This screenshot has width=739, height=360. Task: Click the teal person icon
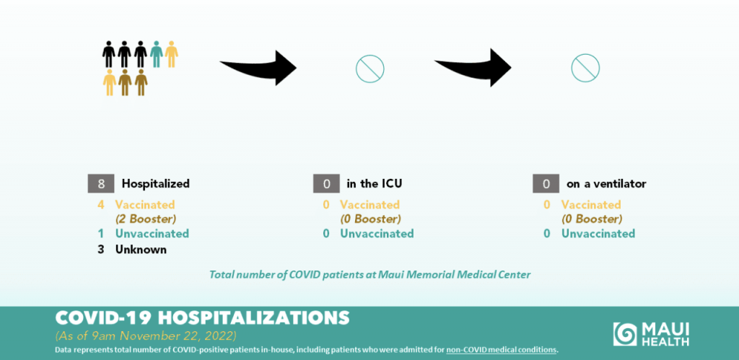tap(157, 53)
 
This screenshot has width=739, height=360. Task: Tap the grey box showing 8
tap(101, 183)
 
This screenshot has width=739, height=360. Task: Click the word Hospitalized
tap(156, 183)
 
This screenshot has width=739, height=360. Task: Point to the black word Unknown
tap(141, 250)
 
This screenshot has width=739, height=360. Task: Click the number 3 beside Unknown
tap(100, 250)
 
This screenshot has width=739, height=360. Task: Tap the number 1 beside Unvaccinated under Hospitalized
tap(101, 233)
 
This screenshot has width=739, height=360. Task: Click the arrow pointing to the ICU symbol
tap(258, 67)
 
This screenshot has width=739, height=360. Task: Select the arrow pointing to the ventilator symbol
tap(473, 67)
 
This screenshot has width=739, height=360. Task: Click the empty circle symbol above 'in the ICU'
tap(370, 55)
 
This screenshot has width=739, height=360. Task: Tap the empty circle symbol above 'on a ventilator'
tap(585, 54)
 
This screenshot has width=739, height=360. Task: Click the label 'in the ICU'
tap(375, 183)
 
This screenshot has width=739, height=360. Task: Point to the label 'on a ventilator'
tap(606, 184)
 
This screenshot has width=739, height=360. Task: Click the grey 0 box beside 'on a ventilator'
tap(546, 183)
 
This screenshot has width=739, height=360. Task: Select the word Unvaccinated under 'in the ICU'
tap(377, 233)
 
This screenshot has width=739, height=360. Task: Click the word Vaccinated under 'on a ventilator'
tap(591, 205)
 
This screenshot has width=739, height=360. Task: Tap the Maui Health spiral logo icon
tap(625, 334)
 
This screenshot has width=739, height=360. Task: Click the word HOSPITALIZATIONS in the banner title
tap(253, 317)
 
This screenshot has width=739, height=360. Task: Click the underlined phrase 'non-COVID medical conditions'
tap(501, 350)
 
